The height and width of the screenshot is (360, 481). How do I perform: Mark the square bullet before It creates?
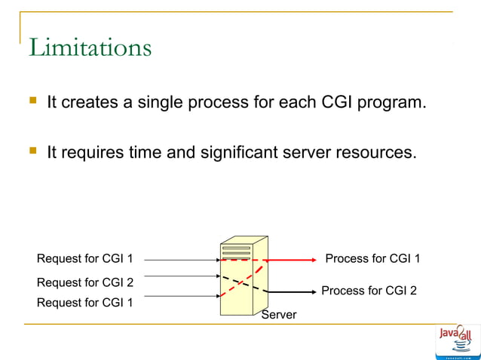pyautogui.click(x=32, y=101)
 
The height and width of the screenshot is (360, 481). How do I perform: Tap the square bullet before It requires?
pyautogui.click(x=32, y=152)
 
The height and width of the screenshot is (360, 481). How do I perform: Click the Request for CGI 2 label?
pyautogui.click(x=85, y=282)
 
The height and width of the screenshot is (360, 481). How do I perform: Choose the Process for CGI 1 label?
pyautogui.click(x=372, y=259)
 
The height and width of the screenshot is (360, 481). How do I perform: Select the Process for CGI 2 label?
pyautogui.click(x=369, y=291)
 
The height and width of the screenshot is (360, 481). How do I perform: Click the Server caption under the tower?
pyautogui.click(x=278, y=315)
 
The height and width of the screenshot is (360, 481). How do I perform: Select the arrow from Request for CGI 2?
pyautogui.click(x=181, y=276)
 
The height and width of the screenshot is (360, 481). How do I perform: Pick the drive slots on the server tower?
pyautogui.click(x=236, y=250)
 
